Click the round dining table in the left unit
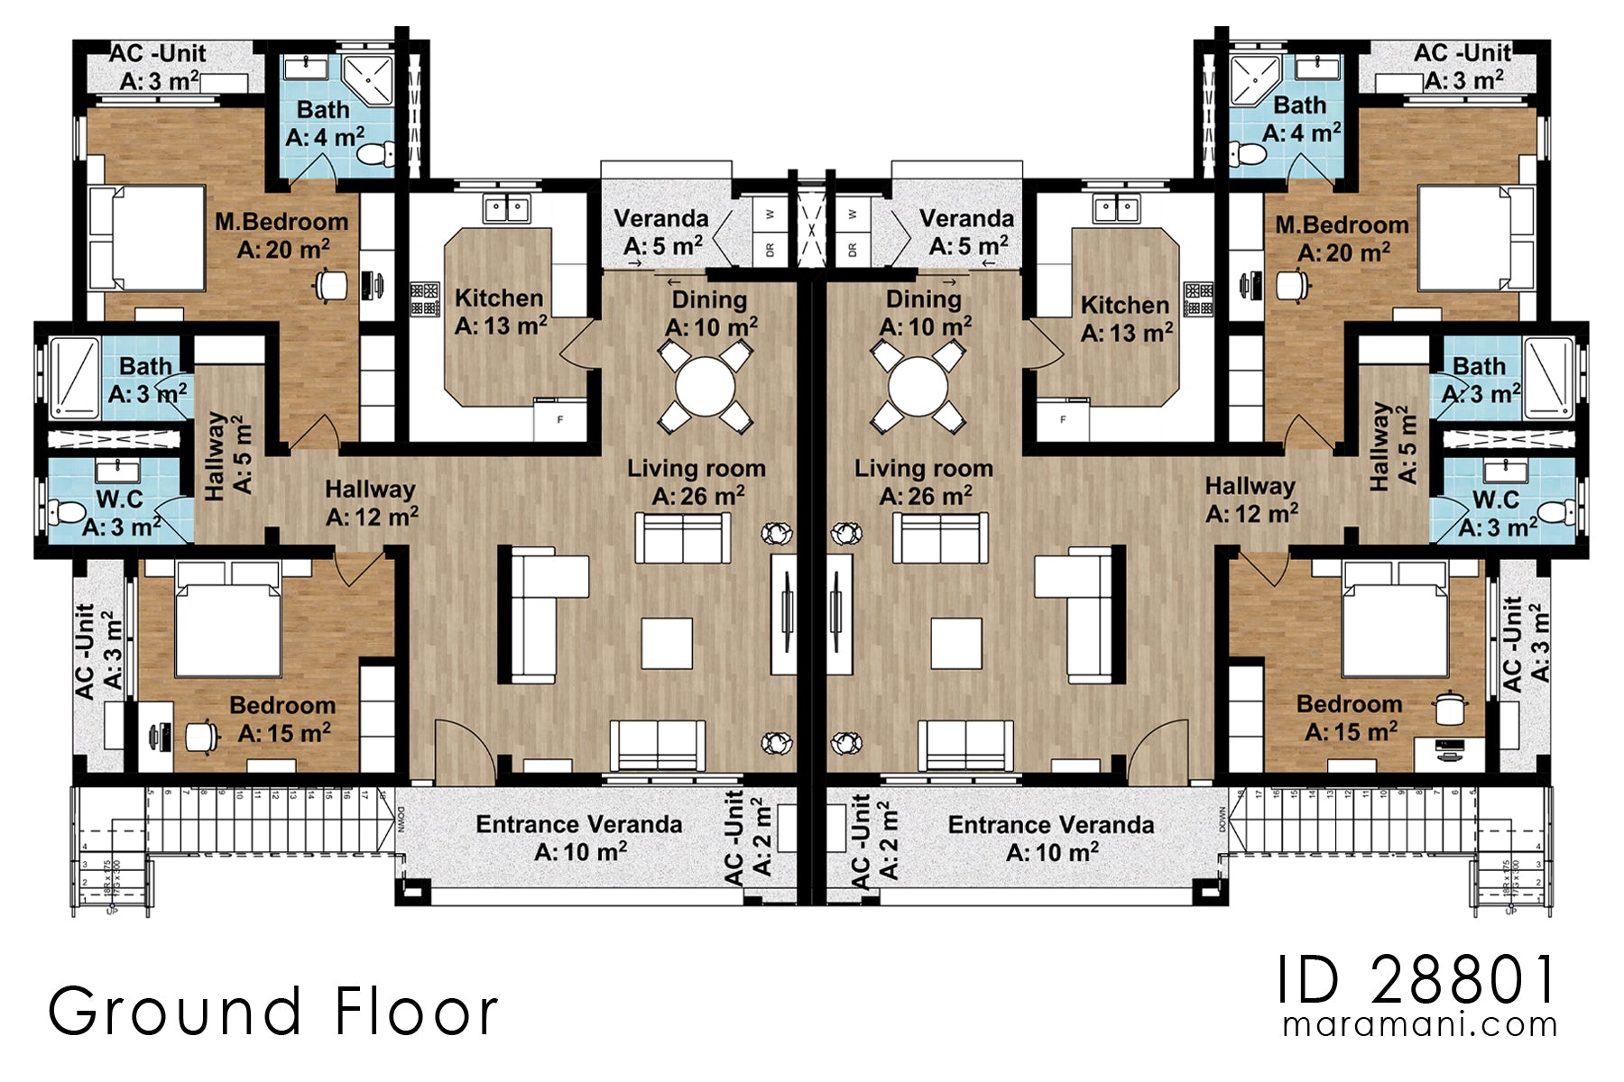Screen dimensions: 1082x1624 (x=706, y=387)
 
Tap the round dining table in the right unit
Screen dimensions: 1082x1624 (x=918, y=387)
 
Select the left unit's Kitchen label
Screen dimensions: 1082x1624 (x=499, y=298)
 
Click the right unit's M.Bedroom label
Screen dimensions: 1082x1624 (x=1341, y=225)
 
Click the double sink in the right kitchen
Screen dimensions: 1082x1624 (x=1117, y=210)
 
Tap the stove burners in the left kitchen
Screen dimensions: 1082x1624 (x=424, y=299)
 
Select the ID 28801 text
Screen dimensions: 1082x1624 (x=1416, y=980)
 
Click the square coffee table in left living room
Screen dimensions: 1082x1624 (x=667, y=643)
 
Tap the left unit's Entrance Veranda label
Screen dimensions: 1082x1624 (x=578, y=824)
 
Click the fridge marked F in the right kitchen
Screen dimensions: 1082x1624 (x=1063, y=420)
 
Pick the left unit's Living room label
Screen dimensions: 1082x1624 (x=696, y=469)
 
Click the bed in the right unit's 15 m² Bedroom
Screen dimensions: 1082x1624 (x=1395, y=622)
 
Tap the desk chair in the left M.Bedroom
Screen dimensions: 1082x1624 (x=330, y=286)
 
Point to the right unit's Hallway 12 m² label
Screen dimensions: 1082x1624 (x=1250, y=487)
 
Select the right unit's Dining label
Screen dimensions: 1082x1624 (x=923, y=299)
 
